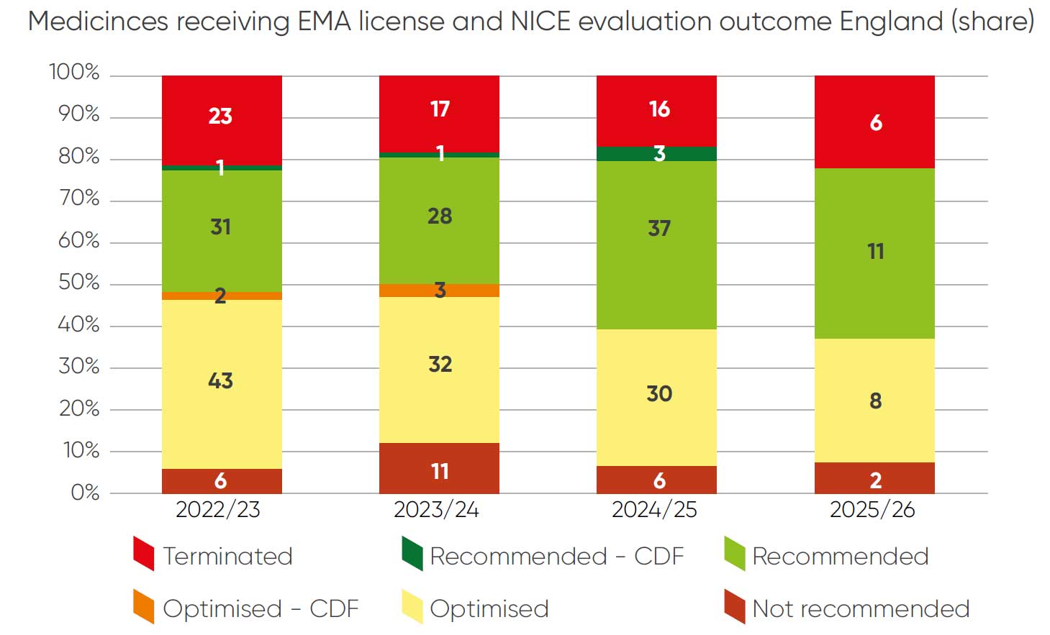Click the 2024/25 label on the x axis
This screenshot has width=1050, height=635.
point(654,510)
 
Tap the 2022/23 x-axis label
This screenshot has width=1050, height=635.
point(218,510)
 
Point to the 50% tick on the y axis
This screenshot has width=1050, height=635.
point(78,282)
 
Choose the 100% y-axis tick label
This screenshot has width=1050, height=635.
point(73,72)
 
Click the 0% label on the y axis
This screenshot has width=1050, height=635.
point(85,493)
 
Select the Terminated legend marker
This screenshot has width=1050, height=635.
point(144,554)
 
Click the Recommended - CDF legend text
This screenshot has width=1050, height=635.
point(556,557)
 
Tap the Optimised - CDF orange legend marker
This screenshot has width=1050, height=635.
point(144,606)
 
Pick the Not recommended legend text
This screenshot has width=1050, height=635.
point(861,609)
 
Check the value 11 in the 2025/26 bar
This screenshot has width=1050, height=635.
point(875,252)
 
